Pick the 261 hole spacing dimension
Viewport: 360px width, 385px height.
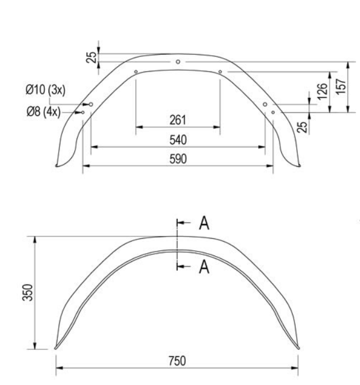click(x=178, y=120)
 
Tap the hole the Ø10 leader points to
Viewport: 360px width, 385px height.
click(x=91, y=104)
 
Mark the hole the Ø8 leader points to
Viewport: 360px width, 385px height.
click(x=83, y=112)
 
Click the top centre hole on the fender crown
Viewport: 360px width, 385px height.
click(x=178, y=61)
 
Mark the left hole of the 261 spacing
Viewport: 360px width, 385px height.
click(x=135, y=72)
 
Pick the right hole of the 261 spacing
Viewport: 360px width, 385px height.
click(x=220, y=72)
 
